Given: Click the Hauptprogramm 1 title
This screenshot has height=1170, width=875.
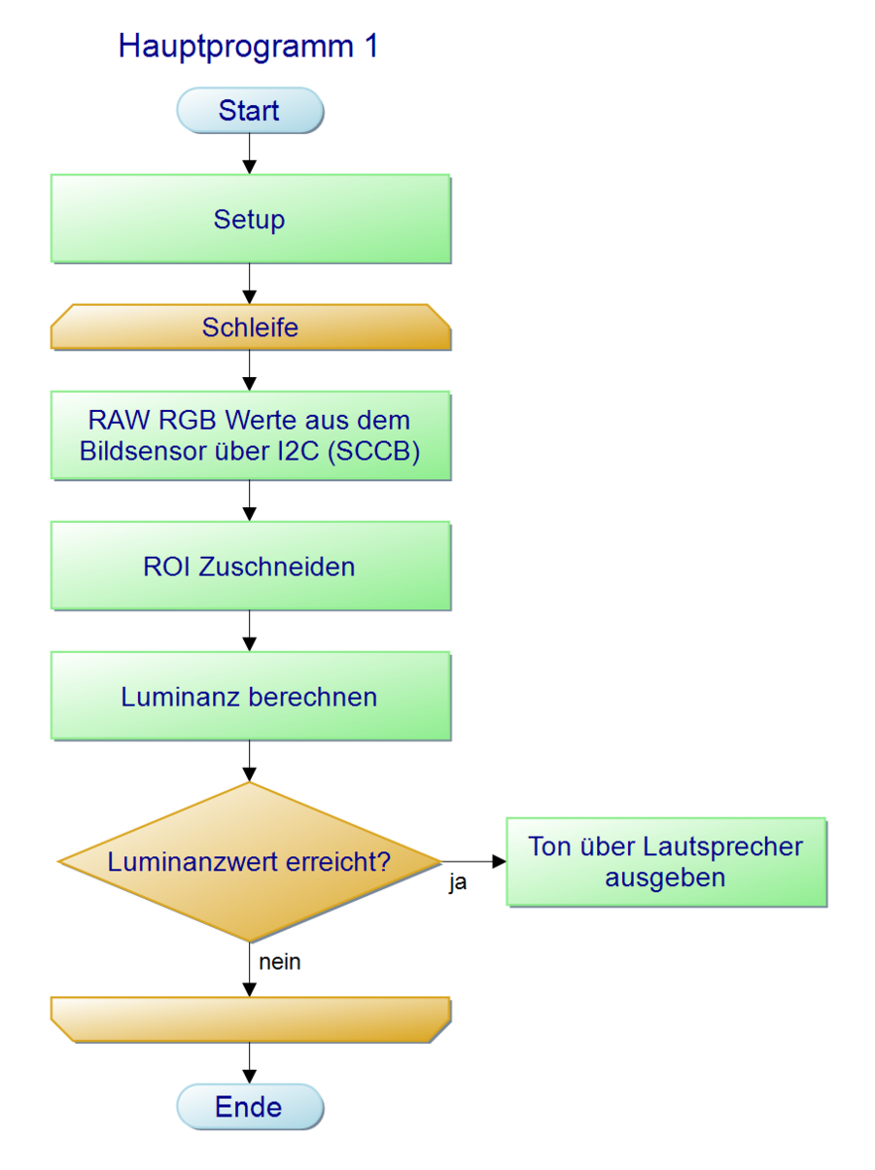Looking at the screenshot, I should click(x=248, y=46).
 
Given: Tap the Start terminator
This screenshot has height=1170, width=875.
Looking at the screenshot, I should click(x=249, y=110).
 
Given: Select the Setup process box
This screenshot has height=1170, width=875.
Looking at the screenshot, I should click(x=250, y=219).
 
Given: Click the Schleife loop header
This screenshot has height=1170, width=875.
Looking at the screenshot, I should click(x=250, y=327).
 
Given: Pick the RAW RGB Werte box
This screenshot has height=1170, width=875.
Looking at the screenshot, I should click(x=250, y=435).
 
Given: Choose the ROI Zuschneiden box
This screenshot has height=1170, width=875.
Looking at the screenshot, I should click(x=250, y=566).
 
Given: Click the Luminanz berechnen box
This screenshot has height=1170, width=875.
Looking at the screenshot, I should click(x=250, y=696).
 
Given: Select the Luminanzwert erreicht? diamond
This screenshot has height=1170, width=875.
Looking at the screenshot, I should click(x=250, y=861).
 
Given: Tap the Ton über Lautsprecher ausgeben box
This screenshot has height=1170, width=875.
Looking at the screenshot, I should click(x=666, y=862).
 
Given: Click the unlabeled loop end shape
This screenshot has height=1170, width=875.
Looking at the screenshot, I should click(x=250, y=1019).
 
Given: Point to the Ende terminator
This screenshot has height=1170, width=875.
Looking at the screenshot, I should click(x=249, y=1107).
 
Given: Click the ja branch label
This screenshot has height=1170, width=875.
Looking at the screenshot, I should click(x=457, y=884).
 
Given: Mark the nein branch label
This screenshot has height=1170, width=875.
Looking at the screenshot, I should click(x=280, y=962).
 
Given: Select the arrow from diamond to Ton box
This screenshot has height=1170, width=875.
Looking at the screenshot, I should click(x=473, y=861).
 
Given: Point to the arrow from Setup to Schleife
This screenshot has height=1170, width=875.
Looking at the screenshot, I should click(x=250, y=284).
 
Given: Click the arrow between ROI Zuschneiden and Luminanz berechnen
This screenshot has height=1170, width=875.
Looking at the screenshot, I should click(x=250, y=631).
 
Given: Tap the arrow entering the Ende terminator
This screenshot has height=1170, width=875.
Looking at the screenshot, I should click(x=250, y=1063).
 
